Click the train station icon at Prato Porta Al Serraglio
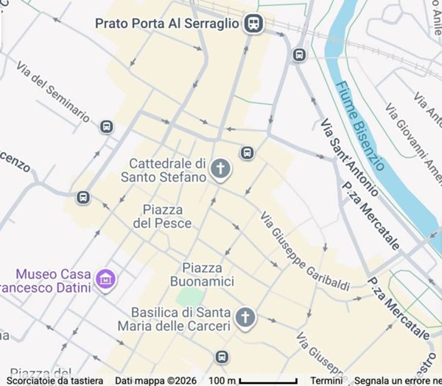click(x=254, y=24)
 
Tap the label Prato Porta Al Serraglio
click(x=167, y=24)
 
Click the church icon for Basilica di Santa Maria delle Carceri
click(x=245, y=318)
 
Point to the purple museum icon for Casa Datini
click(x=107, y=279)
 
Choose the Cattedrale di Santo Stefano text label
click(x=167, y=170)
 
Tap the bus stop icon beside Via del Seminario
click(x=107, y=126)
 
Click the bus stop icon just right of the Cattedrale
click(x=247, y=153)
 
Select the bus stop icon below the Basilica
click(x=222, y=357)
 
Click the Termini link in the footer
click(x=326, y=381)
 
